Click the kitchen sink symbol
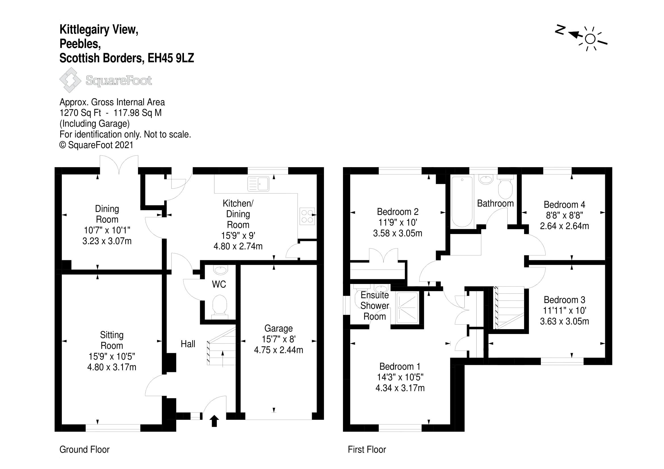(258, 184)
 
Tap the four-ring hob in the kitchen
(307, 216)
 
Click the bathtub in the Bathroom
(462, 201)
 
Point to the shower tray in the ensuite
(407, 308)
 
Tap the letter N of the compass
(560, 30)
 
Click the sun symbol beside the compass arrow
(590, 39)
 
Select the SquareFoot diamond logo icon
(70, 80)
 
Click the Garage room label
(278, 329)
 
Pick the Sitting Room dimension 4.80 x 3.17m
(112, 367)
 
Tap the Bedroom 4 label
(564, 205)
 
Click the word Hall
(188, 344)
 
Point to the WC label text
(219, 284)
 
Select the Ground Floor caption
(84, 450)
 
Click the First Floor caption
(367, 450)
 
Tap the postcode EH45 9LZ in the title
(171, 58)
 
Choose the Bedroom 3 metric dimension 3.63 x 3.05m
(564, 321)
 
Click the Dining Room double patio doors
(119, 165)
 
